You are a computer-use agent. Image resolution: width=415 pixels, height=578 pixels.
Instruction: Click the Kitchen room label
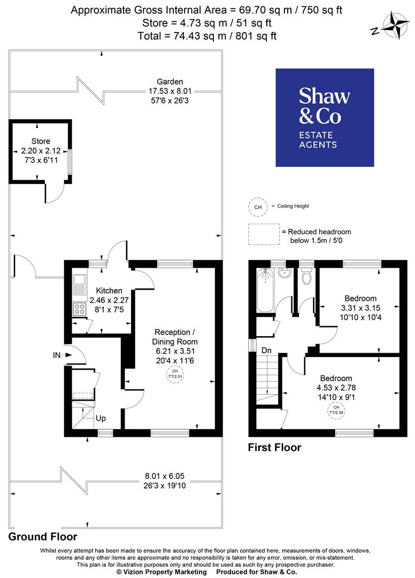109,291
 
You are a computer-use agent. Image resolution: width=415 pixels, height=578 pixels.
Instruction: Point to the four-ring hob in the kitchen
79,309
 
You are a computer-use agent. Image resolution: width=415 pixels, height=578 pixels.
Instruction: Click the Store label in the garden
37,141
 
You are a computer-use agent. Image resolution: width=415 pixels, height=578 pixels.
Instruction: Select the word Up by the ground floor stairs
101,417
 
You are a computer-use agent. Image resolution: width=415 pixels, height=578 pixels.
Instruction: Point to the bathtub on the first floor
265,290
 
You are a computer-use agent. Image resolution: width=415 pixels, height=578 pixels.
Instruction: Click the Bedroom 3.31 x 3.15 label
360,298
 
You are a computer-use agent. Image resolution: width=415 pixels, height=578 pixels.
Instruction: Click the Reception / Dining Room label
176,337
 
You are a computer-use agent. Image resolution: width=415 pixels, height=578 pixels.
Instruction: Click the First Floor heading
274,447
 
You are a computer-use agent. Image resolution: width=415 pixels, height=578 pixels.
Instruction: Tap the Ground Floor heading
42,536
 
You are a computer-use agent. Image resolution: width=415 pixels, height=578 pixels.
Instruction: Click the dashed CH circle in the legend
258,207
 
